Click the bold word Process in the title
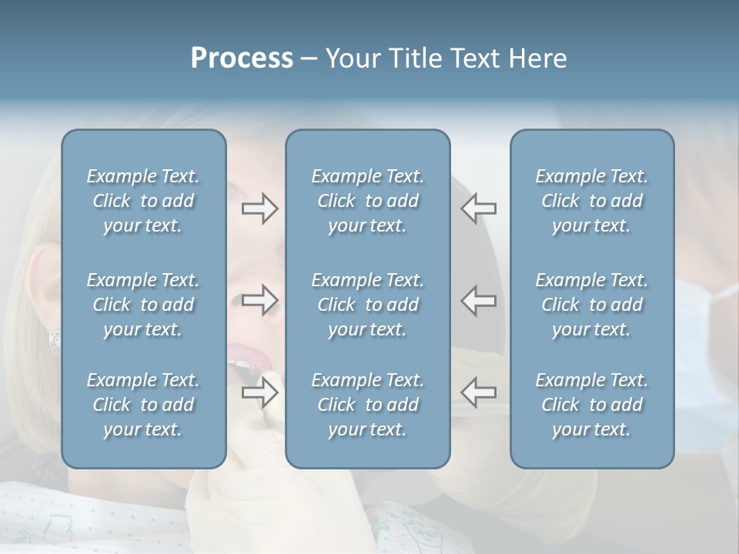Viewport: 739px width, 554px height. (x=242, y=58)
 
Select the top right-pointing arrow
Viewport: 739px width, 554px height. (x=259, y=209)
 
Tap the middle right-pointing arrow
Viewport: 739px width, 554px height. (x=259, y=300)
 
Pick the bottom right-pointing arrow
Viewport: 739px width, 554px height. (x=259, y=392)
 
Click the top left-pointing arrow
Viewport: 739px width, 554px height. (x=479, y=209)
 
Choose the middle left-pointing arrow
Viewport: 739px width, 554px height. (x=479, y=300)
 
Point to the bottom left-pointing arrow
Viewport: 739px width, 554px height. (x=479, y=392)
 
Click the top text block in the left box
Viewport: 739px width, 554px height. (x=143, y=201)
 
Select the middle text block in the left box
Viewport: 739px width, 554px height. (x=143, y=305)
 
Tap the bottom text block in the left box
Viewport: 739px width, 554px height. (x=143, y=405)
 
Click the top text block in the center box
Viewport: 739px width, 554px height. (x=367, y=201)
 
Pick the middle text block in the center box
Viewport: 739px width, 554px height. (x=367, y=305)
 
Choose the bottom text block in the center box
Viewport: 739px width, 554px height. (x=367, y=405)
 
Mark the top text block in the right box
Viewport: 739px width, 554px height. (x=591, y=201)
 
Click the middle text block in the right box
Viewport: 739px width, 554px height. (x=591, y=305)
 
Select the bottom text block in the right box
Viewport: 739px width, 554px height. (x=591, y=405)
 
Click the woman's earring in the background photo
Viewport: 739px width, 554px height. (x=55, y=341)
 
